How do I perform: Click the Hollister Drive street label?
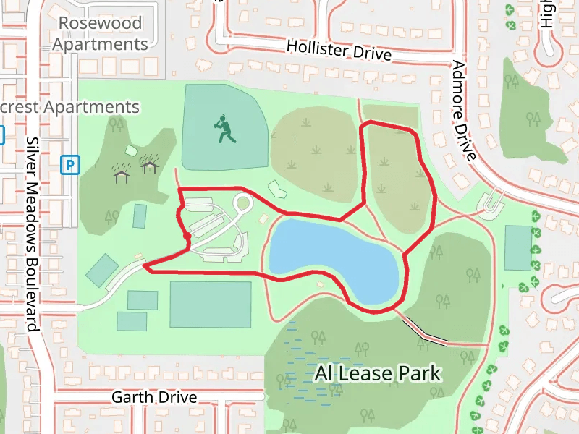pos(339,50)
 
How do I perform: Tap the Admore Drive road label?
pos(464,110)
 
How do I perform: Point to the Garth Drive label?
pos(154,397)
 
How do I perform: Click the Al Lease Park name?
pos(378,373)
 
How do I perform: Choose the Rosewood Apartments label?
pos(101,33)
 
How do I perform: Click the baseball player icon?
pos(224,129)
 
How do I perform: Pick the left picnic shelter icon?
pos(122,170)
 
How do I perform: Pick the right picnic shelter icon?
pos(150,166)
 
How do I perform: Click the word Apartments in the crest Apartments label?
pos(92,107)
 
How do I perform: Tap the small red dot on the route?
pos(187,235)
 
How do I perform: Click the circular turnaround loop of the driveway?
pos(242,203)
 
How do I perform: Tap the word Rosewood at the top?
pos(101,22)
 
